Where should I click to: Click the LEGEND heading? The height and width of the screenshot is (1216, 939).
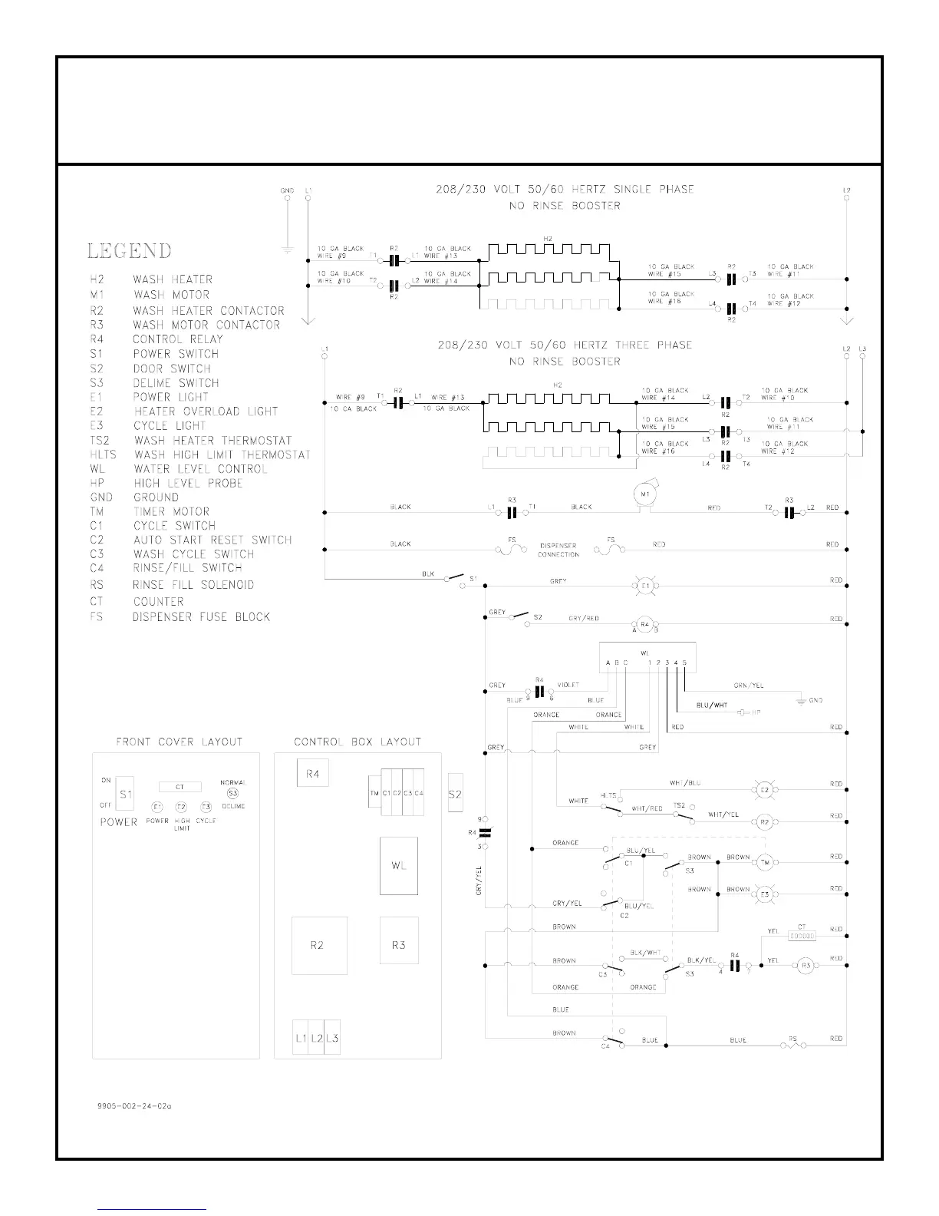[129, 251]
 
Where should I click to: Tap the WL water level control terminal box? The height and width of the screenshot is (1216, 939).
[647, 658]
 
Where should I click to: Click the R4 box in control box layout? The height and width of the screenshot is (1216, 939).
[312, 773]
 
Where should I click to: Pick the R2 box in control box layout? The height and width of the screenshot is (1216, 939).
[319, 945]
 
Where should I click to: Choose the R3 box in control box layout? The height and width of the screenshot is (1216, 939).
[399, 945]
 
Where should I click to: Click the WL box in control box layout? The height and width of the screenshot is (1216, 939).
[399, 866]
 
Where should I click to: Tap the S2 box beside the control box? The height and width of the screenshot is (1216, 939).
[455, 794]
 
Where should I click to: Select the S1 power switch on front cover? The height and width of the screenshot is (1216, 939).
[125, 795]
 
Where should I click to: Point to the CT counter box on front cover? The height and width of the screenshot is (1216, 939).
[180, 787]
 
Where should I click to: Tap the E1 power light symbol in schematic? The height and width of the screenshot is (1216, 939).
[645, 586]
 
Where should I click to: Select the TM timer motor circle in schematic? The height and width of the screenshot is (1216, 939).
[764, 863]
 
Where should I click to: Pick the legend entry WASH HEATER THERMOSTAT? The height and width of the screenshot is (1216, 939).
[213, 441]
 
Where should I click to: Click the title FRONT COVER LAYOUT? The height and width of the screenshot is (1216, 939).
[179, 742]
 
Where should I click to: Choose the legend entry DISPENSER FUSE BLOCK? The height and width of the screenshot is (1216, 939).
[201, 616]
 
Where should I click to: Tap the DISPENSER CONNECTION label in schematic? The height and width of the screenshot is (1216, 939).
[558, 550]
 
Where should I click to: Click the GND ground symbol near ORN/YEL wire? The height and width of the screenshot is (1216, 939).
[801, 700]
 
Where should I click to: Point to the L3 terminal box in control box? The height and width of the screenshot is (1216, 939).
[332, 1038]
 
